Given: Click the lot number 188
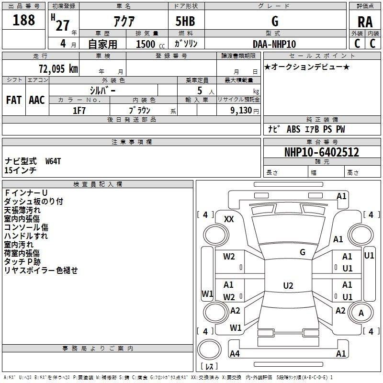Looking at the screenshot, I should click(x=24, y=20).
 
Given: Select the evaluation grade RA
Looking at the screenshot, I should click(x=365, y=22).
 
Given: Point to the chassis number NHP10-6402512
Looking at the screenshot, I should click(x=321, y=152).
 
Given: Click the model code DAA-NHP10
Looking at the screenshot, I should click(x=275, y=44).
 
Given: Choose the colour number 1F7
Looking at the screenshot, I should click(x=79, y=111).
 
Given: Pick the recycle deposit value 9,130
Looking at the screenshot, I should click(x=238, y=111).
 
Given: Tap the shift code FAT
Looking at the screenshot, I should click(x=13, y=100).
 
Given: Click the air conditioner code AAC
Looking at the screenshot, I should click(x=36, y=100).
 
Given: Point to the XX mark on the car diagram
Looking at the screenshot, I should click(x=229, y=219).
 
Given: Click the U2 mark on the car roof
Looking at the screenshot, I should click(x=288, y=286).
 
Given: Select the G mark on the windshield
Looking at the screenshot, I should click(x=302, y=252).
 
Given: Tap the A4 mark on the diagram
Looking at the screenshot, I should click(x=235, y=354).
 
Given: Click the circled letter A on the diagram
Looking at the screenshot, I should click(x=361, y=313).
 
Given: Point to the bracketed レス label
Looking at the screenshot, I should click(x=209, y=367).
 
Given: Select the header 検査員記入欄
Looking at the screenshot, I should click(x=98, y=184).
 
